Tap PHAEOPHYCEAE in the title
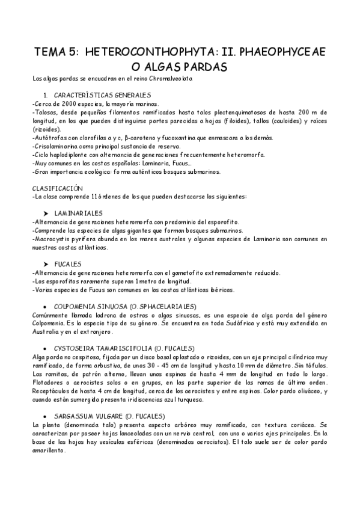tap(282, 53)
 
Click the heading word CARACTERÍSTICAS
tap(82, 96)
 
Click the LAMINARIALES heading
tap(78, 214)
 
